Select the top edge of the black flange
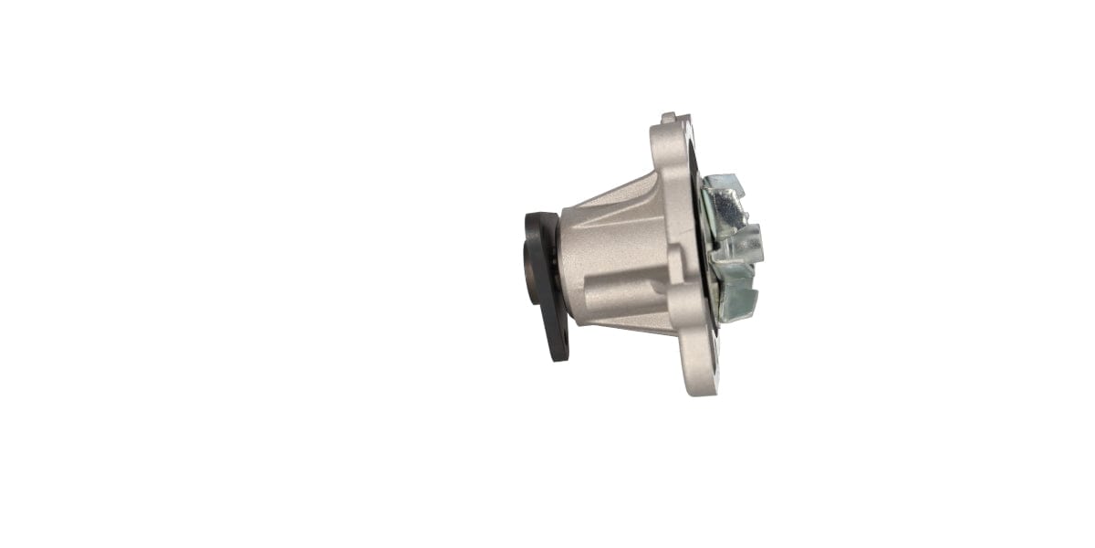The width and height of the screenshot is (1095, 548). point(540,216)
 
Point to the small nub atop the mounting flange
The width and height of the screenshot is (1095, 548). point(669,117)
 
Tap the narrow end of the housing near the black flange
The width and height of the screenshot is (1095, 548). point(568,265)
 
